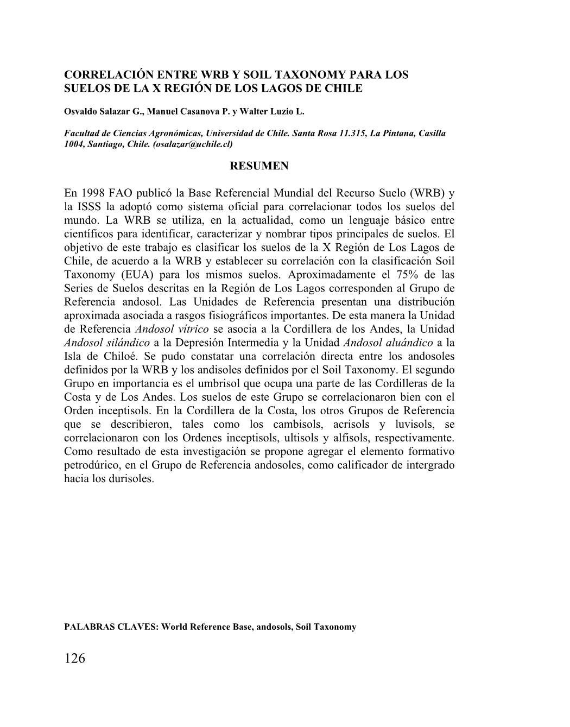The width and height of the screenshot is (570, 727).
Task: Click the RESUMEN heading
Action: click(259, 166)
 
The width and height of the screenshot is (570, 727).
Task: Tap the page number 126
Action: click(75, 659)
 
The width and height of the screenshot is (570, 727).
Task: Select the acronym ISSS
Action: click(92, 207)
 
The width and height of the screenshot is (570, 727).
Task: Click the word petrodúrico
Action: click(93, 465)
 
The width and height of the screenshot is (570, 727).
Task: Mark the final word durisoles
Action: click(131, 479)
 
